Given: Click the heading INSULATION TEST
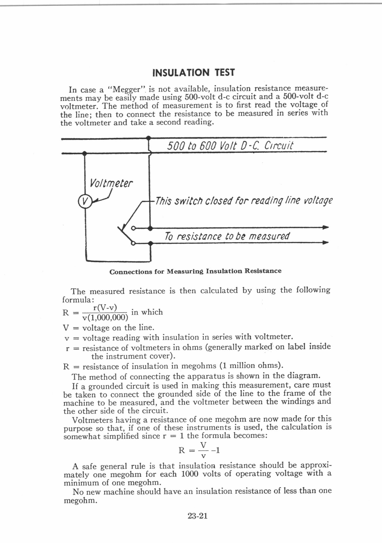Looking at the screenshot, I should [x=193, y=73].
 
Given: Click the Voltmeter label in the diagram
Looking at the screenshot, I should [x=111, y=183].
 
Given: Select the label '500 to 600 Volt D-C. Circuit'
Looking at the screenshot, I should [x=230, y=146].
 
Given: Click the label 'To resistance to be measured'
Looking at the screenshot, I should [x=227, y=236].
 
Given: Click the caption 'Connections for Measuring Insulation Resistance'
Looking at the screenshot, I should [x=195, y=271].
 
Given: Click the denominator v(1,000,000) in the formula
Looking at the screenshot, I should [x=105, y=318].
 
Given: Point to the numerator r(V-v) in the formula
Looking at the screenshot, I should [x=105, y=307].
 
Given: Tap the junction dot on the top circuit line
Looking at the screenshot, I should [x=148, y=138].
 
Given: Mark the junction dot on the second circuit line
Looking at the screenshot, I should [x=84, y=154].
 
